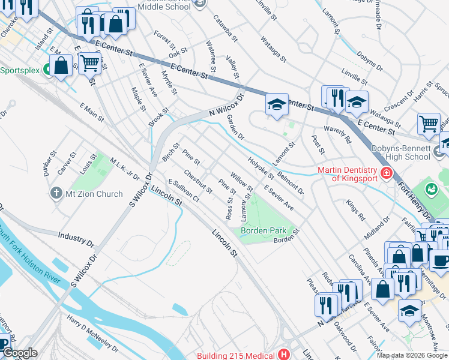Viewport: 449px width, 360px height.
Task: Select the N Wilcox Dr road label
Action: [x=228, y=106]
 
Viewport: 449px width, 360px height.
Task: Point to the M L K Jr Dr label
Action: [x=124, y=169]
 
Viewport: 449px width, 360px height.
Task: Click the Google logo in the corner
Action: [x=19, y=353]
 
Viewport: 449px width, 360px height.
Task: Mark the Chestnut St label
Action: [x=197, y=181]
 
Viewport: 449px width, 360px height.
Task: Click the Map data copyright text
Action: [x=412, y=355]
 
